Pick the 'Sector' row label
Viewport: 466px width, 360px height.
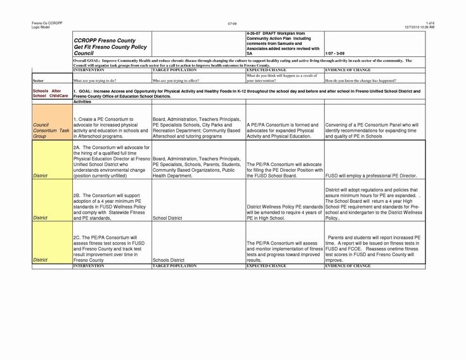pyautogui.click(x=37, y=82)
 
